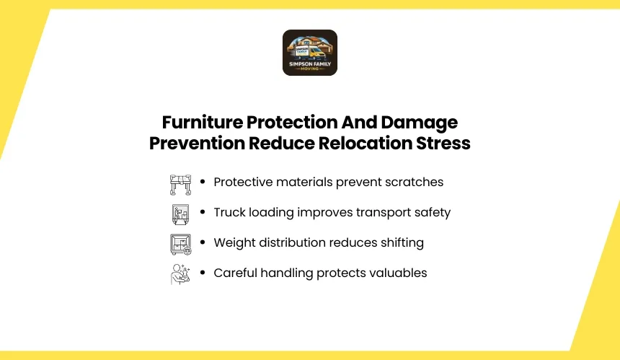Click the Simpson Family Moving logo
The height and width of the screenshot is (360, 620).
(310, 53)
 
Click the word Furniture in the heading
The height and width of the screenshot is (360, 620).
(203, 122)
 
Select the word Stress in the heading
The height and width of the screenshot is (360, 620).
(443, 143)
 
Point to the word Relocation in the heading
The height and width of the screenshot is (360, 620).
(366, 143)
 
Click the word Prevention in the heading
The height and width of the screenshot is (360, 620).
(197, 143)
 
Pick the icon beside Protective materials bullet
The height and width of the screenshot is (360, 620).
(181, 185)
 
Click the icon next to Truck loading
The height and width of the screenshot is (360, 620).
(181, 214)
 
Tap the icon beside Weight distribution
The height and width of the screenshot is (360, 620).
(181, 245)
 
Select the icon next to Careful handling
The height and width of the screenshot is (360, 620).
(181, 274)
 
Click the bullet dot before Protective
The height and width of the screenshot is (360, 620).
(203, 182)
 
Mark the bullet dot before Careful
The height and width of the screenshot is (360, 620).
(203, 272)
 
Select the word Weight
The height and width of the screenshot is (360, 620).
(234, 243)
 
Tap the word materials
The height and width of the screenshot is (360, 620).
(304, 182)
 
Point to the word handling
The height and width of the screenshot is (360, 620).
(287, 273)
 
